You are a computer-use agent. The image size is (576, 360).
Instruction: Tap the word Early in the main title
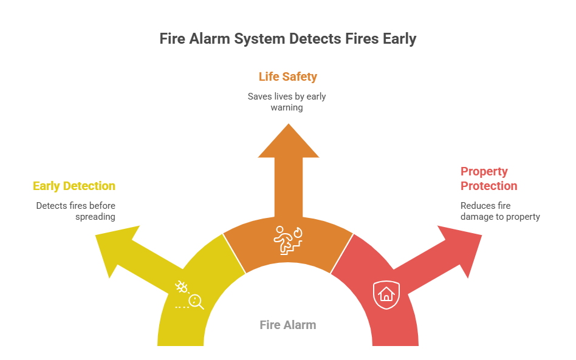(400, 39)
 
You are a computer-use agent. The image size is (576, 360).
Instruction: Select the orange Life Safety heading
(287, 76)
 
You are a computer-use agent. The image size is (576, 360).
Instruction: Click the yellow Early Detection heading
(74, 186)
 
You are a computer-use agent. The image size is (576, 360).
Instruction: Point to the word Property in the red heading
(484, 171)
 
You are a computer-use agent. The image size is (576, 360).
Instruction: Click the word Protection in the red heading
(489, 186)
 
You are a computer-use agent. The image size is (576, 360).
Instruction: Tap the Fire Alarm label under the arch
(287, 325)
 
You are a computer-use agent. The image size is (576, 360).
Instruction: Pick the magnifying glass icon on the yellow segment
(196, 301)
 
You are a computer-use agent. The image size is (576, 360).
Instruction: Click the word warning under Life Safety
(287, 107)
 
